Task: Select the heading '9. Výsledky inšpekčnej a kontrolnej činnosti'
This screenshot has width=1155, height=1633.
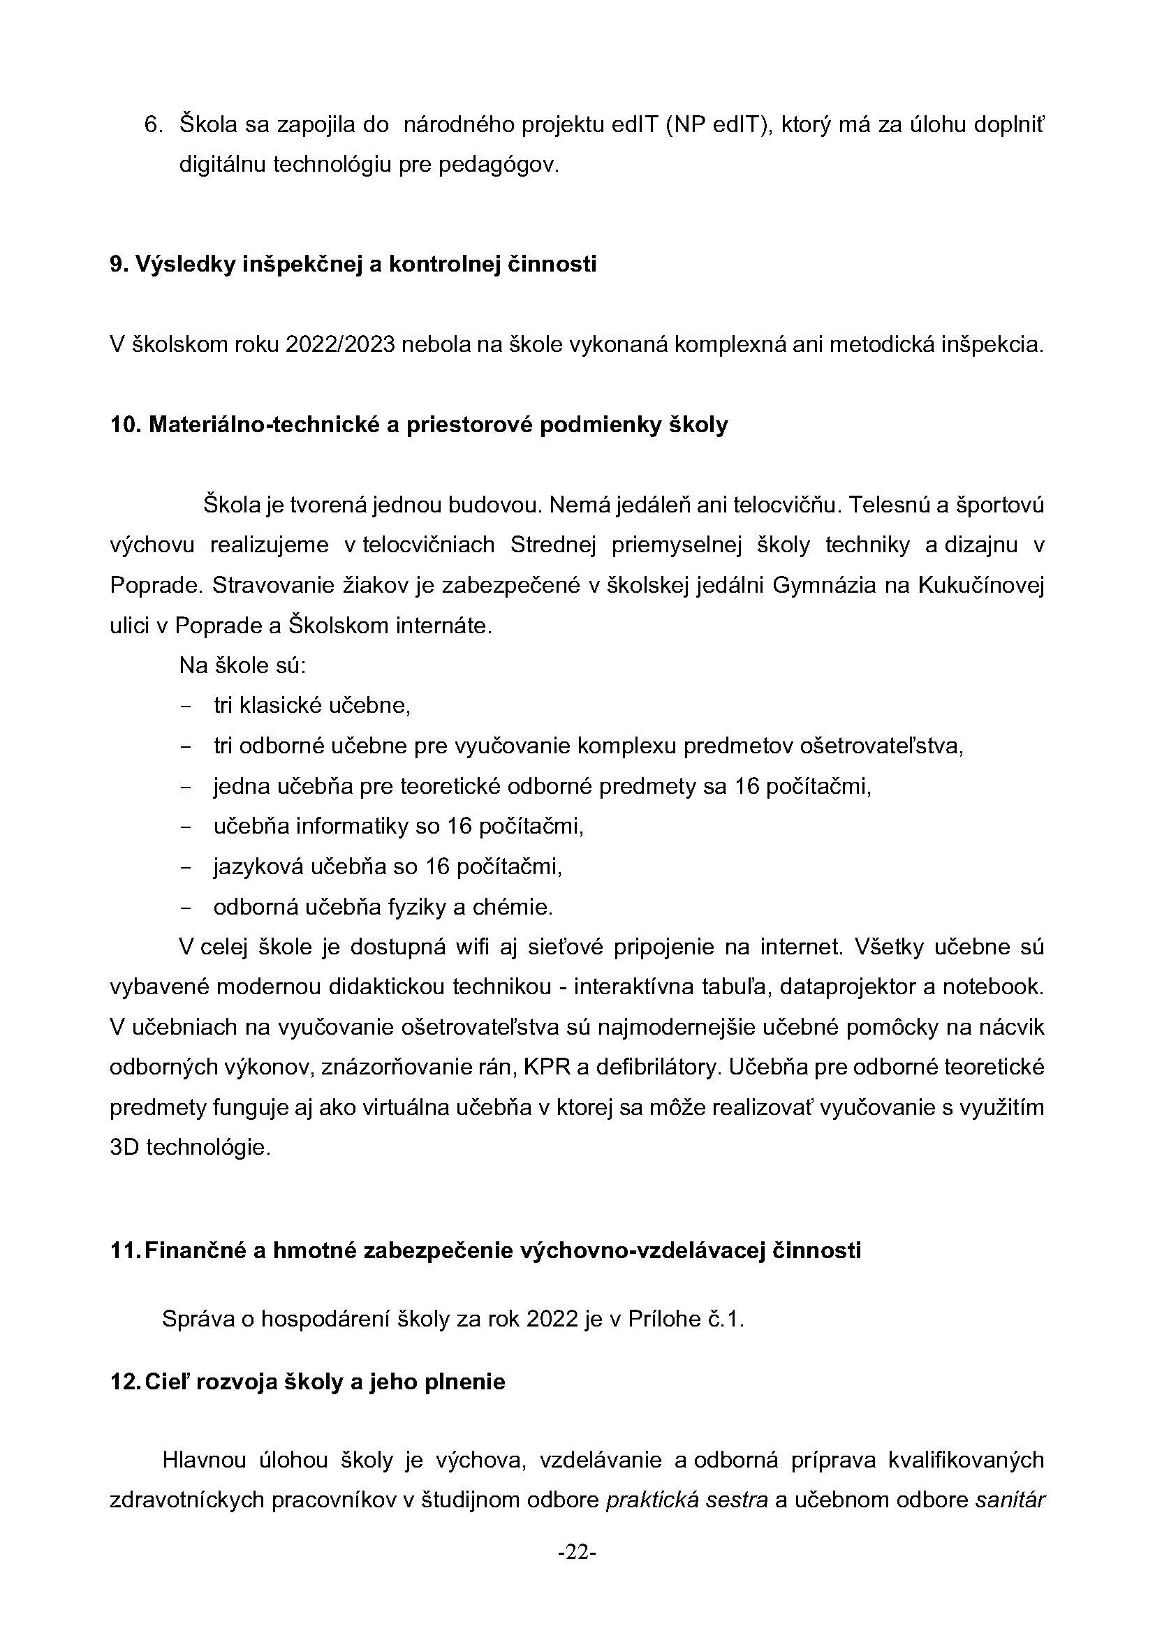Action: click(x=353, y=264)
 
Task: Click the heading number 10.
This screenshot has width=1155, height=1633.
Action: click(x=126, y=425)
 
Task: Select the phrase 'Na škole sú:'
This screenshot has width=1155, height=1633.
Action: click(x=242, y=666)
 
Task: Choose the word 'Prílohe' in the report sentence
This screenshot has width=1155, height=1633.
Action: click(x=663, y=1320)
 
